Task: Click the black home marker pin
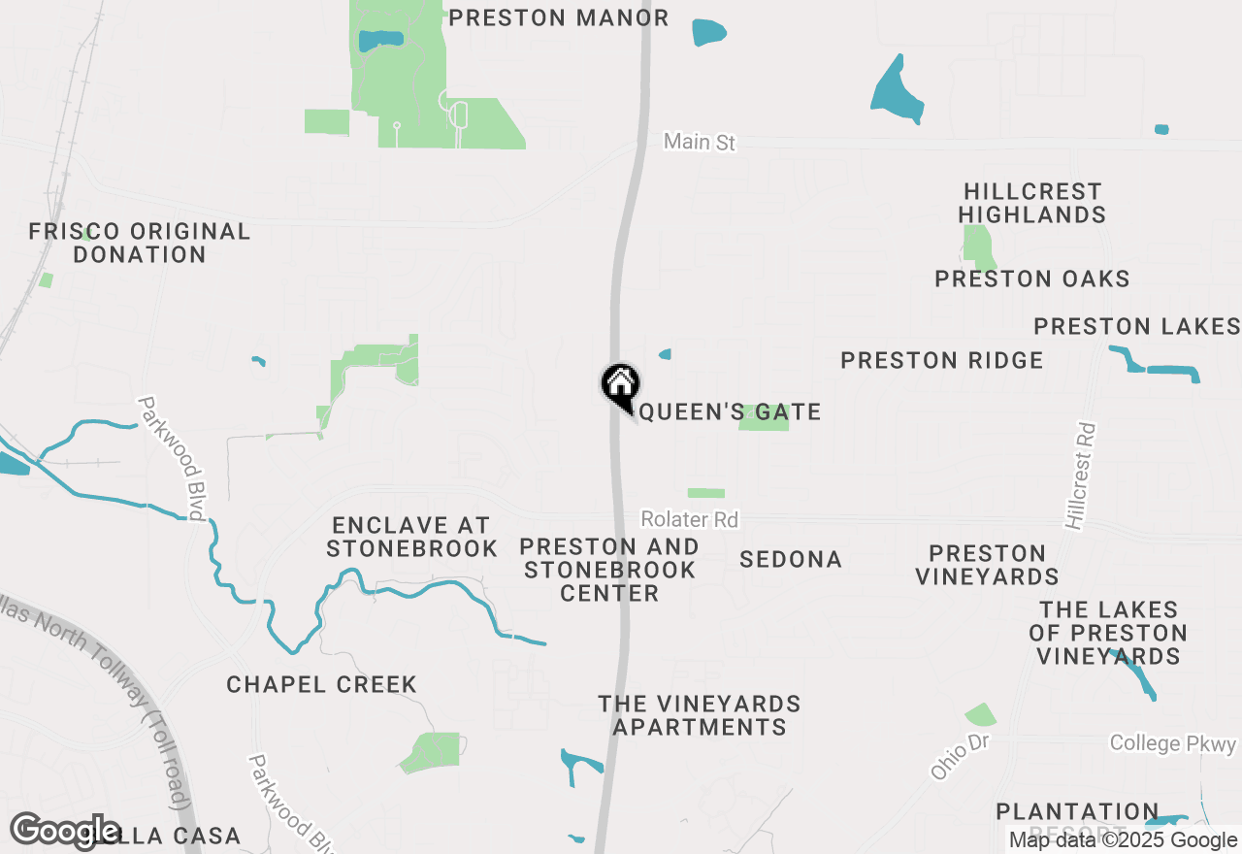click(620, 385)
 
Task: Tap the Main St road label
click(700, 143)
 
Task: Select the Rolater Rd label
click(689, 520)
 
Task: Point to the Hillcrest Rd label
click(1079, 476)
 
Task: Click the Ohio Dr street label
click(959, 756)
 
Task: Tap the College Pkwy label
click(1173, 744)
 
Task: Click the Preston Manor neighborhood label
click(558, 17)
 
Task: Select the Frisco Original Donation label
click(140, 243)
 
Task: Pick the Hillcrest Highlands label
click(1032, 203)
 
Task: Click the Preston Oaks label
click(1032, 279)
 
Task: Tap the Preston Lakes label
click(1136, 326)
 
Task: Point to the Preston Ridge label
click(941, 361)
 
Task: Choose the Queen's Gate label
click(730, 412)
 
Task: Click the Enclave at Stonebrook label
click(411, 537)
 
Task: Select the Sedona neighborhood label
click(790, 560)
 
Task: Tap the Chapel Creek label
click(321, 685)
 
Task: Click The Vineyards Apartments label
click(699, 715)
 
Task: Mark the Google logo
click(66, 831)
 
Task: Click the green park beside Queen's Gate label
click(763, 420)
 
